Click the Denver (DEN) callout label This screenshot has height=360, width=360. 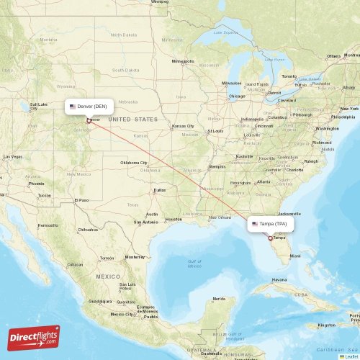pos(89,106)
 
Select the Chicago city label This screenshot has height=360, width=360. pos(236,96)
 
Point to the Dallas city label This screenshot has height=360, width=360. pos(159,190)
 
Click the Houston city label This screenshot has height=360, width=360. pos(174,219)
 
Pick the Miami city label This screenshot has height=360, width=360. pos(295,256)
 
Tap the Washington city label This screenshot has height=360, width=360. pos(327,128)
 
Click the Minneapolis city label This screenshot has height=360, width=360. pos(183,61)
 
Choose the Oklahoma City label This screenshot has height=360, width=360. pos(134,163)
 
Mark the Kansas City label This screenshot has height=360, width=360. pos(182,126)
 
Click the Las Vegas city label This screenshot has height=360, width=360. pos(12,156)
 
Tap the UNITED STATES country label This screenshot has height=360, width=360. pos(132,119)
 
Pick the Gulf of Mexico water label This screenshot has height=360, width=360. pos(194,264)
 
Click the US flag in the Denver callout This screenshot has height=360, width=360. pos(73,106)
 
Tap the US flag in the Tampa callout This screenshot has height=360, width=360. pos(255,224)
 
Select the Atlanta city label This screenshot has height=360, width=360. pos(264,181)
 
